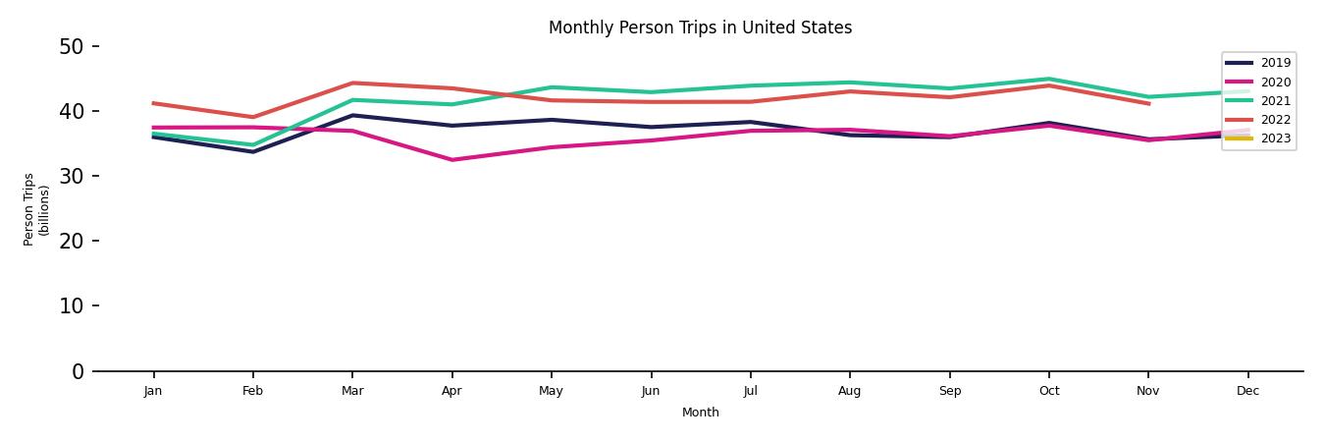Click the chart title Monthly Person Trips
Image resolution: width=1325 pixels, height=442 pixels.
click(x=700, y=28)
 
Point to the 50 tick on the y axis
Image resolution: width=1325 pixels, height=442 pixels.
click(x=72, y=46)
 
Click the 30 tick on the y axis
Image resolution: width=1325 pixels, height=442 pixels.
click(x=72, y=176)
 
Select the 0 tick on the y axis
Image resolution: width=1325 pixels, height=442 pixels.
click(x=77, y=371)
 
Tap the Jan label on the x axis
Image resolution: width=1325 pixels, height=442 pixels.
click(x=153, y=391)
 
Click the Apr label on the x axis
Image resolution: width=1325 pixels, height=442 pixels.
click(x=451, y=391)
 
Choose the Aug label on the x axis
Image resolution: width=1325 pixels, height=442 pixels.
click(x=850, y=391)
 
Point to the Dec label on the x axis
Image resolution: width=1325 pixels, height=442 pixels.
click(x=1247, y=391)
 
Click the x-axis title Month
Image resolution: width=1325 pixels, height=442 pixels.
click(x=701, y=413)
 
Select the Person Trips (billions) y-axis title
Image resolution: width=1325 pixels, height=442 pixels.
click(x=36, y=208)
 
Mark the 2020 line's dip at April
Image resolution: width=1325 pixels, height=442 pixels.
click(x=451, y=160)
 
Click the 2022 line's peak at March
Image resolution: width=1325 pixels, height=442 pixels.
click(x=352, y=83)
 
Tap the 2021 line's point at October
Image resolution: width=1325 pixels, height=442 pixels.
click(x=1048, y=79)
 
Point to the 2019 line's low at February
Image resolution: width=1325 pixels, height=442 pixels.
click(x=253, y=151)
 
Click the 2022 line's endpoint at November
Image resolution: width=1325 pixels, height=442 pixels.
click(x=1148, y=103)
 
